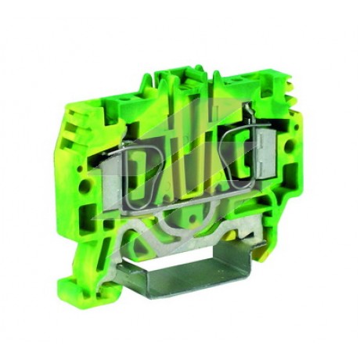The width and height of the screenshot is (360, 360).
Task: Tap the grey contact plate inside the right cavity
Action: click(x=266, y=155)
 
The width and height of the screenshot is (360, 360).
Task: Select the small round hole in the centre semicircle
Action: click(x=193, y=217)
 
